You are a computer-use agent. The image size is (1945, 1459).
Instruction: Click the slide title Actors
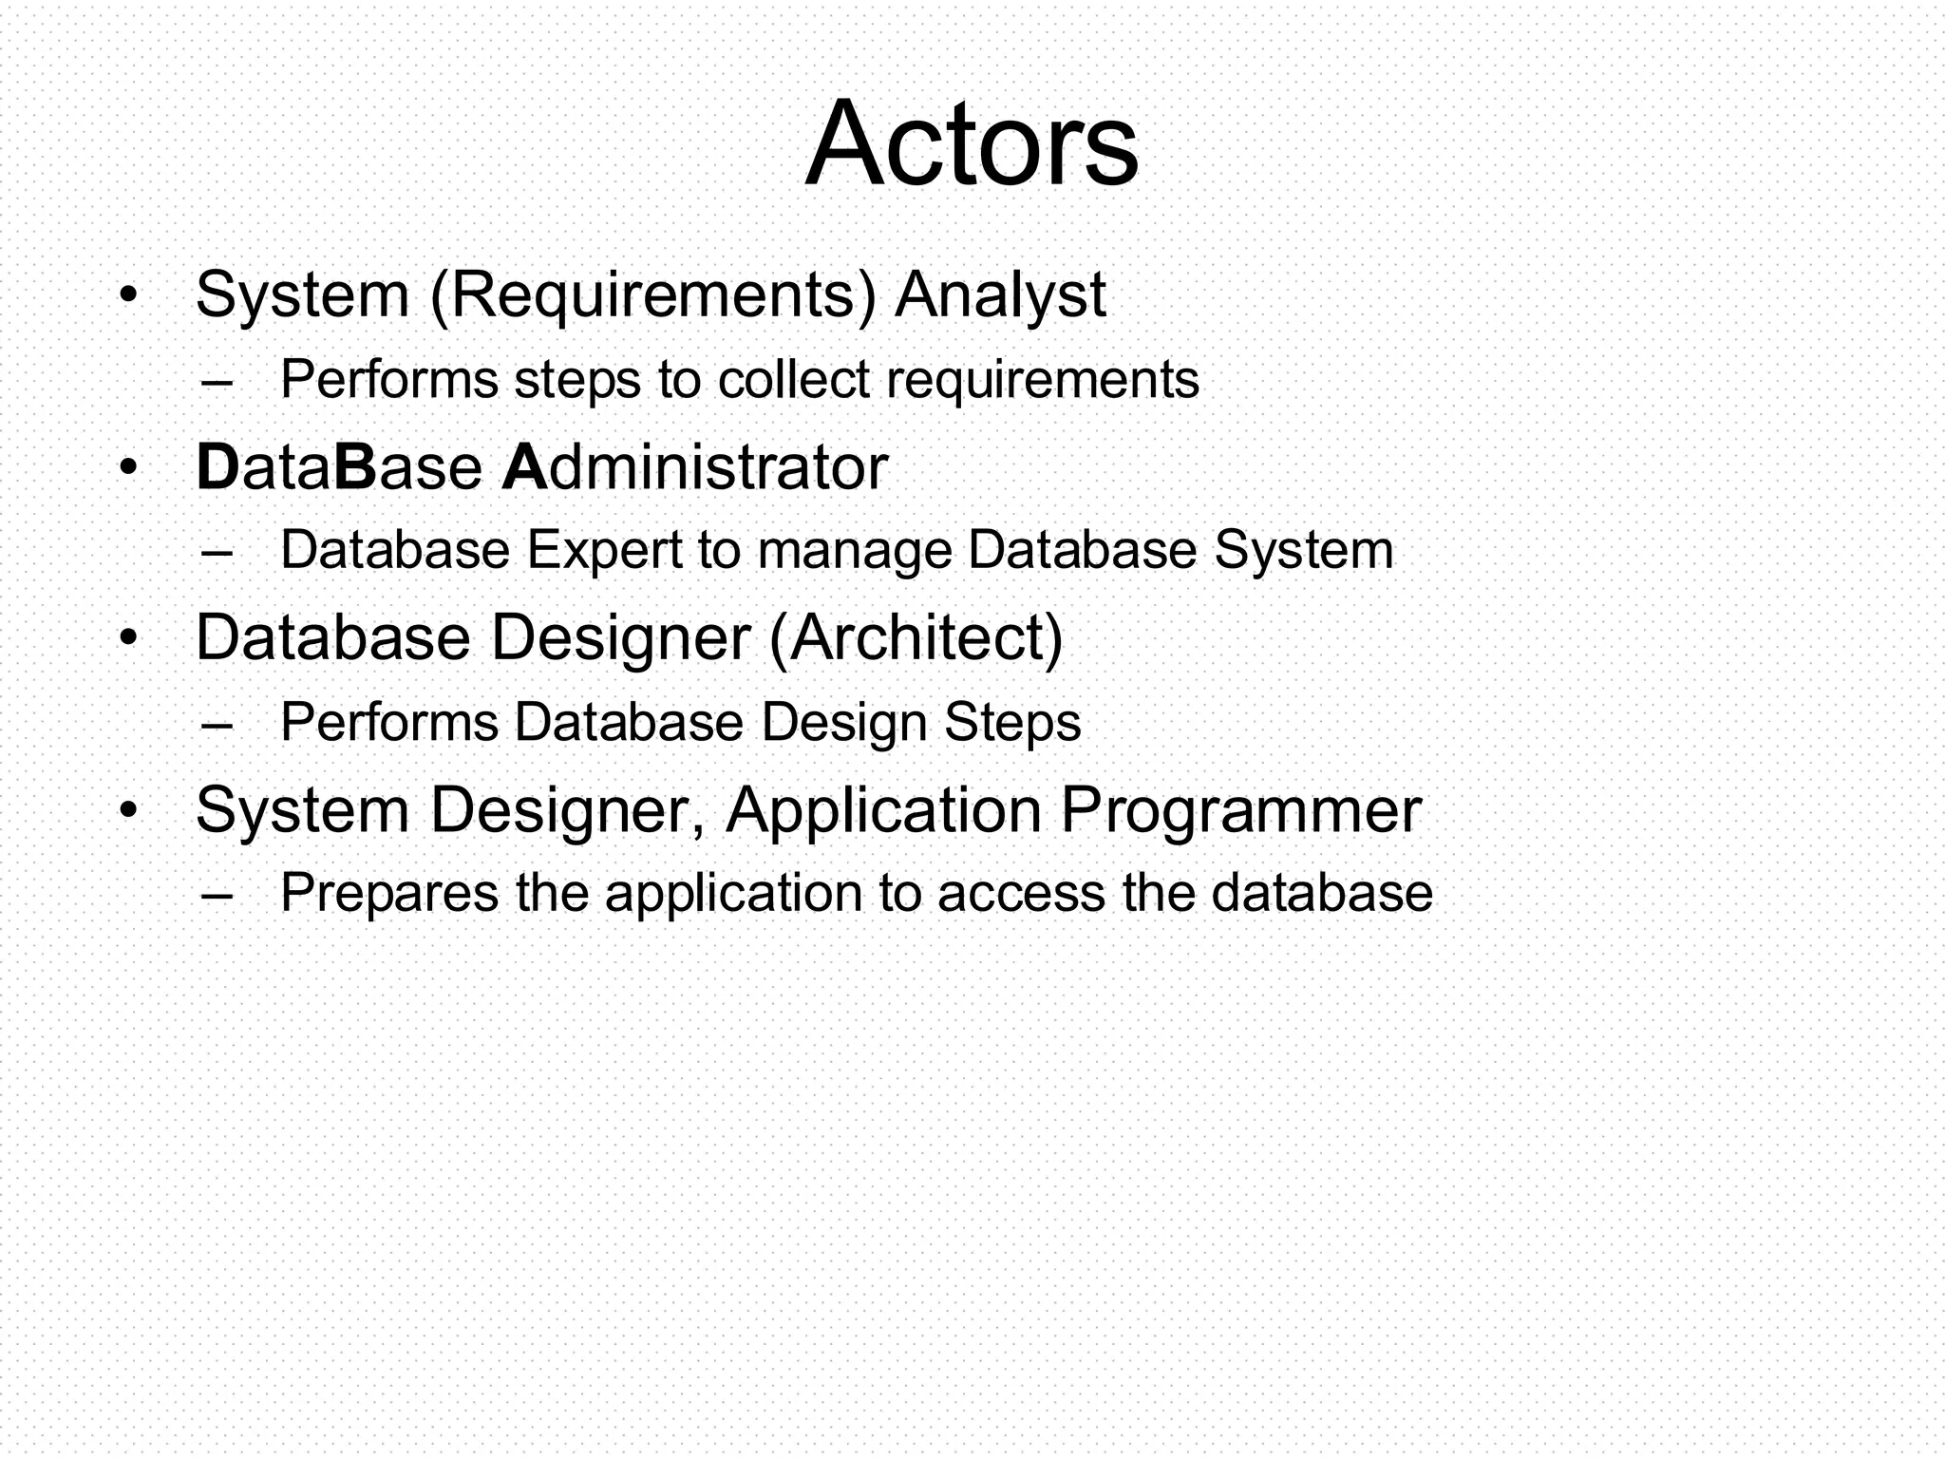pos(971,144)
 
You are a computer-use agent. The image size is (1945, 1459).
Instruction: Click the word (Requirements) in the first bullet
pos(653,295)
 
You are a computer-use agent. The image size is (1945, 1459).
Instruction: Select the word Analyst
pos(1000,295)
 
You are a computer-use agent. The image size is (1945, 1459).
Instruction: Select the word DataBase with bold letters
pos(338,467)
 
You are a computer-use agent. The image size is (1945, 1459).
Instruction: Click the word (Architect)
pos(916,637)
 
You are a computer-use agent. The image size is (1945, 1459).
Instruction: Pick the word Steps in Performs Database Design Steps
pos(1012,724)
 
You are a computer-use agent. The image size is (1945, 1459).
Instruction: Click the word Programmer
pos(1239,811)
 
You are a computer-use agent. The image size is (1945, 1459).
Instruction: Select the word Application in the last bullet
pos(883,811)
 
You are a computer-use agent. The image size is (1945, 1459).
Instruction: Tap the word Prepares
pos(389,895)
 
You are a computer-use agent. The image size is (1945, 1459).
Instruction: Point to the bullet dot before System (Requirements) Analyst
pos(129,294)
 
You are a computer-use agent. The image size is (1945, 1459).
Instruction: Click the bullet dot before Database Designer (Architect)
pos(129,637)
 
